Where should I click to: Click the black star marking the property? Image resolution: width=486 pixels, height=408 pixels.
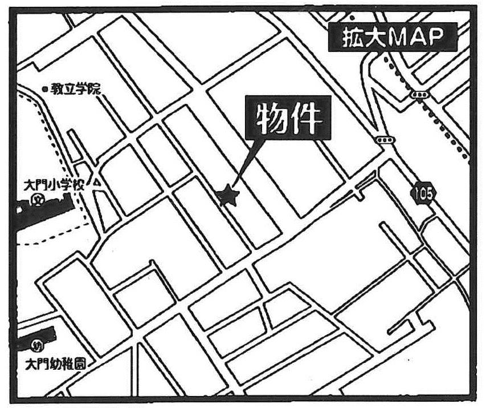(x=228, y=196)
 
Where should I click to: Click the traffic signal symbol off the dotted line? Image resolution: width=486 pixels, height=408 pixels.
(x=385, y=140)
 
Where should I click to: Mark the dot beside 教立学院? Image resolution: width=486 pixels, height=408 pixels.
(x=45, y=90)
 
